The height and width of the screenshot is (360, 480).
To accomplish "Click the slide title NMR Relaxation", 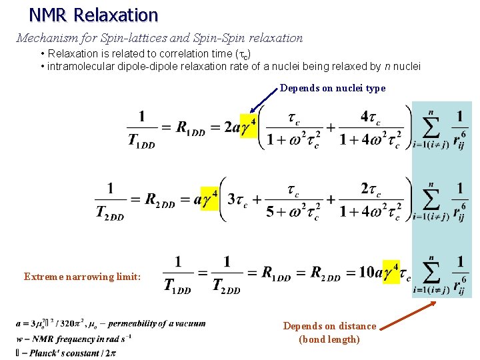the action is tap(93, 15).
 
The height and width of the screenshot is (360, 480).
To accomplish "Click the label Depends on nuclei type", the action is tap(333, 88).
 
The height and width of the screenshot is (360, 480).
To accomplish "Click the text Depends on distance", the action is tap(329, 326).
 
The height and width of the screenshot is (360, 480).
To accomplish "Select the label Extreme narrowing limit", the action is tap(82, 277).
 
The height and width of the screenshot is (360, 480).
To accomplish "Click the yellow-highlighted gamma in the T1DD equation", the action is tap(247, 127).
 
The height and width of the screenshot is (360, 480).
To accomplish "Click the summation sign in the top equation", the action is tap(431, 126).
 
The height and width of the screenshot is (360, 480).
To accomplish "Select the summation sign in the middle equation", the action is tap(431, 198).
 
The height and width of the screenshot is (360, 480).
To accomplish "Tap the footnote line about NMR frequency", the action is tap(73, 338).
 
